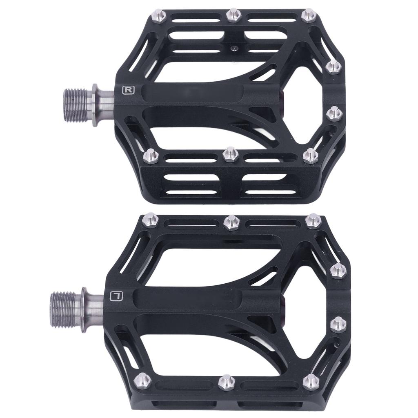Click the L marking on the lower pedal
pyautogui.click(x=117, y=295)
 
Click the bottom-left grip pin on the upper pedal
pyautogui.click(x=151, y=155)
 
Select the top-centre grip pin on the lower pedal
pyautogui.click(x=231, y=222)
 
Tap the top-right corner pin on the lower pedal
pyautogui.click(x=313, y=221)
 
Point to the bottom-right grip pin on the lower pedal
pyautogui.click(x=311, y=382)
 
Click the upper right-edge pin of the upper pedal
pyautogui.click(x=334, y=66)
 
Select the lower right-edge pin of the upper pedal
pyautogui.click(x=334, y=113)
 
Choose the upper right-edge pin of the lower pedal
pyautogui.click(x=338, y=270)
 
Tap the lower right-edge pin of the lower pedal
pyautogui.click(x=338, y=325)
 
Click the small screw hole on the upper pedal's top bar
pyautogui.click(x=234, y=48)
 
